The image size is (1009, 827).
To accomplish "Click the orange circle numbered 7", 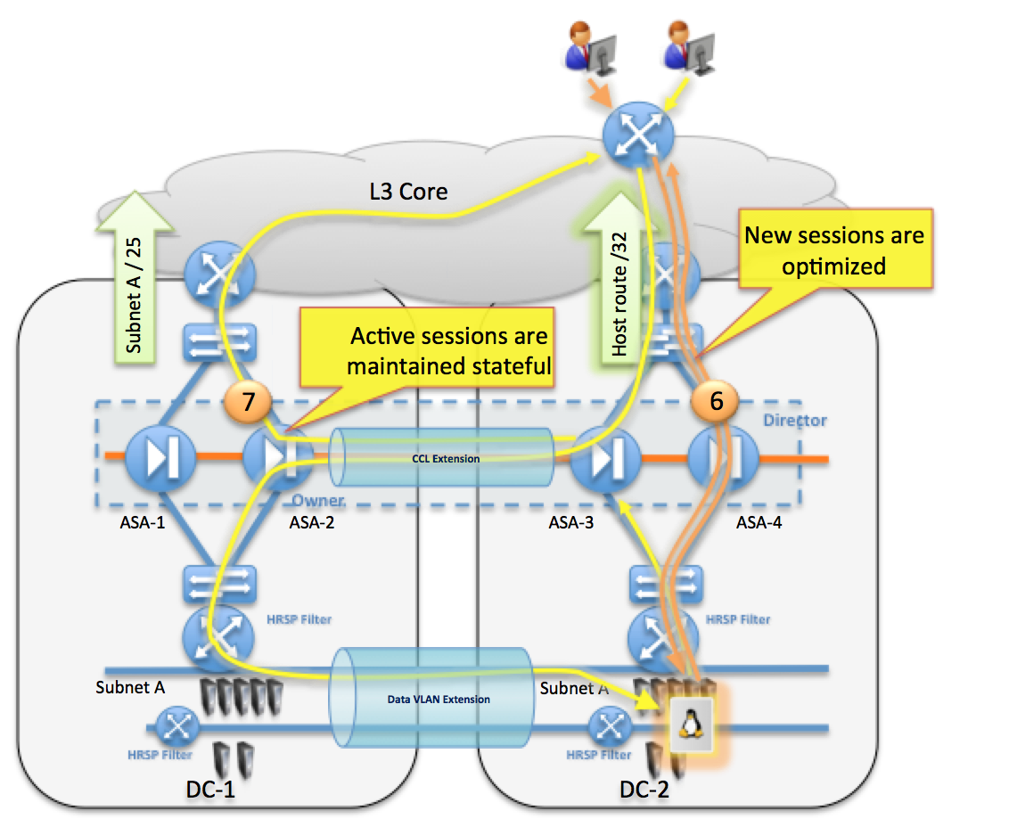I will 250,402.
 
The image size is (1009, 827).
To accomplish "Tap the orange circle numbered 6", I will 717,402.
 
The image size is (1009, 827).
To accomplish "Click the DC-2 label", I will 645,788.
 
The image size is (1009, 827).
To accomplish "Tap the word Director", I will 796,420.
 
